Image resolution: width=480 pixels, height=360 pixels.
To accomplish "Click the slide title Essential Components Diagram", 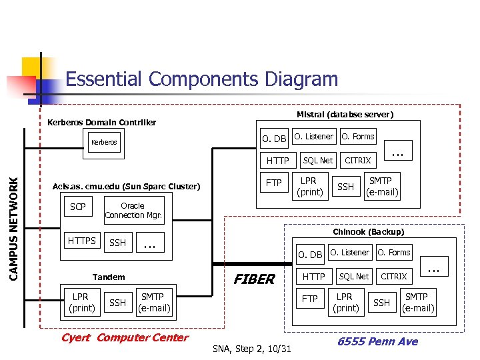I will tap(202, 79).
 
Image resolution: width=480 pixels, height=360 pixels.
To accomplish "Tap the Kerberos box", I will tap(104, 142).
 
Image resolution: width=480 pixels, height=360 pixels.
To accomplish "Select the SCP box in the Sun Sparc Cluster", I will tap(78, 207).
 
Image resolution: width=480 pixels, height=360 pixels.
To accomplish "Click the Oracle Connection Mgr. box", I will tap(133, 211).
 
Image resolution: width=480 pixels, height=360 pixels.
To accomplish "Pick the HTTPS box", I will tap(82, 241).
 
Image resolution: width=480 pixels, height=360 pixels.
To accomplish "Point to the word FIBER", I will tap(253, 279).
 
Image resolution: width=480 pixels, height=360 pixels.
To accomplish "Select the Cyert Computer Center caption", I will tap(125, 337).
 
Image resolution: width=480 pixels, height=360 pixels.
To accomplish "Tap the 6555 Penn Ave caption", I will tap(377, 341).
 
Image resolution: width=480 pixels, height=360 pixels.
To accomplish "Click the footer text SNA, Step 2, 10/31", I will tap(252, 349).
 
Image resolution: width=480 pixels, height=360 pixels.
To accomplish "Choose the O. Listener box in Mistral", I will tap(314, 137).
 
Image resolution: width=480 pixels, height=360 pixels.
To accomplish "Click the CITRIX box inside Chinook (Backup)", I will tap(393, 276).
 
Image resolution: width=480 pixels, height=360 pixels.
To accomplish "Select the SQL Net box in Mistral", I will tap(317, 160).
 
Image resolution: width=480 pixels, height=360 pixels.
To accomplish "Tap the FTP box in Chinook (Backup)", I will tap(310, 299).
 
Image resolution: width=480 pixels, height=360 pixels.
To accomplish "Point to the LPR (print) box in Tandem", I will tap(82, 302).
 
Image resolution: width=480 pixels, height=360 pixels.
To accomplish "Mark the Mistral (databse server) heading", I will tap(345, 114).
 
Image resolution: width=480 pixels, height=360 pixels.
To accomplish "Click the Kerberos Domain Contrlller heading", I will tap(102, 122).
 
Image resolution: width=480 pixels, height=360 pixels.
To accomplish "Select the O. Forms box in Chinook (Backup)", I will tap(394, 253).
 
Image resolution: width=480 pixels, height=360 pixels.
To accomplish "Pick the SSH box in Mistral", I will tap(345, 187).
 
